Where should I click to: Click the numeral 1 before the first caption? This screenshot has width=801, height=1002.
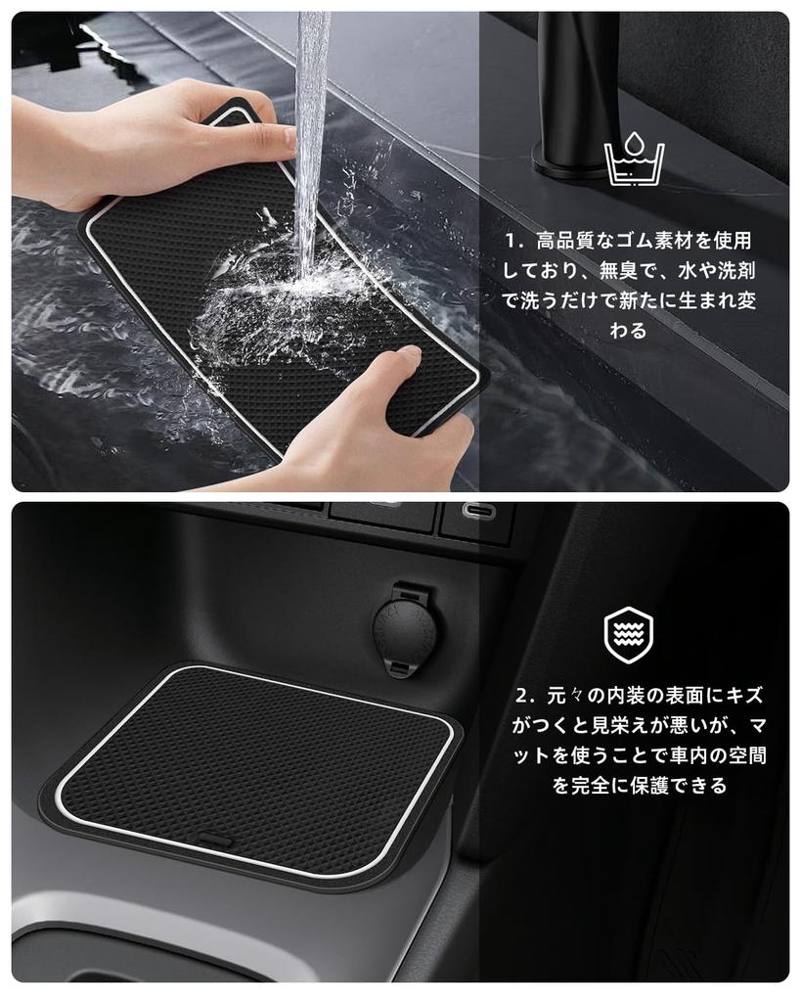click(x=510, y=240)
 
